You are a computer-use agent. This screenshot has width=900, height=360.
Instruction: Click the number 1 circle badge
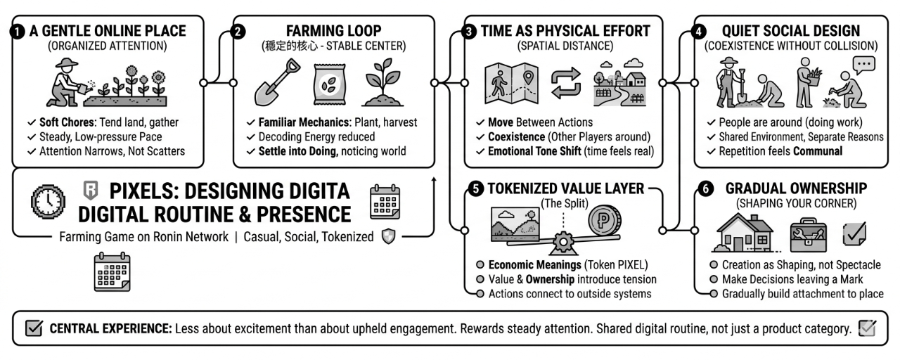point(18,32)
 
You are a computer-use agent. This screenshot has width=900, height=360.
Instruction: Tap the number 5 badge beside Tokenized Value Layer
point(476,189)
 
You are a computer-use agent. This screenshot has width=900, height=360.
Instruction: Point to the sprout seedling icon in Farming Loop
point(382,82)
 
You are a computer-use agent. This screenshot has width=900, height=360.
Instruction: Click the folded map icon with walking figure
point(511,83)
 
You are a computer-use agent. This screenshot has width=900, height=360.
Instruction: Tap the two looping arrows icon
point(566,83)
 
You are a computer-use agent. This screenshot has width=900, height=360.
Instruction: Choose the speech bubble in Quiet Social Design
point(863,65)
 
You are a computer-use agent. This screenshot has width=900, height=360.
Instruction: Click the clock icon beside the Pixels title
point(49,201)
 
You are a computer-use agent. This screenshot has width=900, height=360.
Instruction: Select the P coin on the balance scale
point(604,220)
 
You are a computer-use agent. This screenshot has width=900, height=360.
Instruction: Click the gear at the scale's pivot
point(563,241)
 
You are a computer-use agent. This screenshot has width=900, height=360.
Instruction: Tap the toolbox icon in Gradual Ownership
point(809,235)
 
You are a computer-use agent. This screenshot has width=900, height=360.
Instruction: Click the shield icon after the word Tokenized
point(388,236)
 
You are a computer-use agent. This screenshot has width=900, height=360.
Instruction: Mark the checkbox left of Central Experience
point(34,328)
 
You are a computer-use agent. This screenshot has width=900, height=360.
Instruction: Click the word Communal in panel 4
point(818,151)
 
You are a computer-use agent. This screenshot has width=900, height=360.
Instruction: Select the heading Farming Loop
point(333,31)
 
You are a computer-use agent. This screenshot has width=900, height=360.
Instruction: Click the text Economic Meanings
point(535,265)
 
